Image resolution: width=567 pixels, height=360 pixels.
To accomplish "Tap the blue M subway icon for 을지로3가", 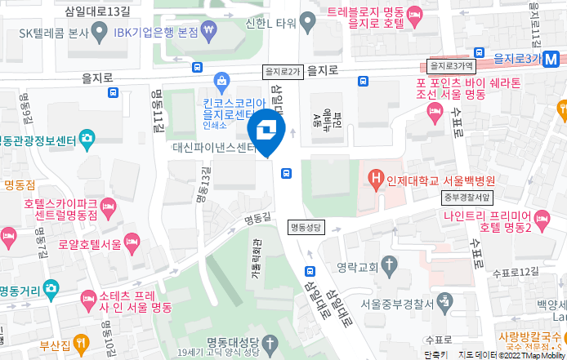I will (x=552, y=59).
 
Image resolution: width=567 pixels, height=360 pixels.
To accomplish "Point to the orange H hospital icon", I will (x=377, y=176).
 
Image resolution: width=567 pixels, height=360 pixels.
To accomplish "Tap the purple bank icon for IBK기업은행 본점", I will (x=212, y=32).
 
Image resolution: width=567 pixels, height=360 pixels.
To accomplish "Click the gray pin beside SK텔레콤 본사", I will (x=100, y=33).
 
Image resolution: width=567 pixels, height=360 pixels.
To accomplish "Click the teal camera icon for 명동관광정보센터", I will (x=87, y=138).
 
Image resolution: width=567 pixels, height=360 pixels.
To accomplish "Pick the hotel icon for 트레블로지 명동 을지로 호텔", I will (x=415, y=13).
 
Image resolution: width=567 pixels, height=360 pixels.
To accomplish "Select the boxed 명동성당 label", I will (x=306, y=226).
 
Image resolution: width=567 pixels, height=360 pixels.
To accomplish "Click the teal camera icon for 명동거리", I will (x=51, y=288).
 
